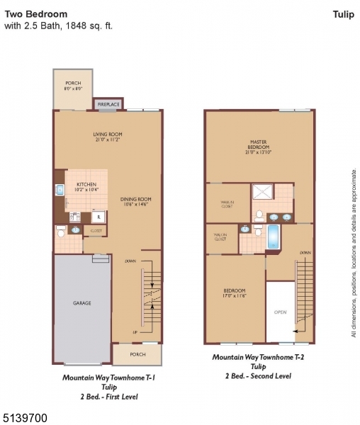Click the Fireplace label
108,104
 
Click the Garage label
82,302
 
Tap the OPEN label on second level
280,312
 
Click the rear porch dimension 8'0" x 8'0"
73,89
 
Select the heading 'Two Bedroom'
36,13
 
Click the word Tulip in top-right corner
343,13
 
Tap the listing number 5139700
26,419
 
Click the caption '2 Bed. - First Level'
108,397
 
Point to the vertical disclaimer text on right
354,252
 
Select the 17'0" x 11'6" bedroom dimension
235,295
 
